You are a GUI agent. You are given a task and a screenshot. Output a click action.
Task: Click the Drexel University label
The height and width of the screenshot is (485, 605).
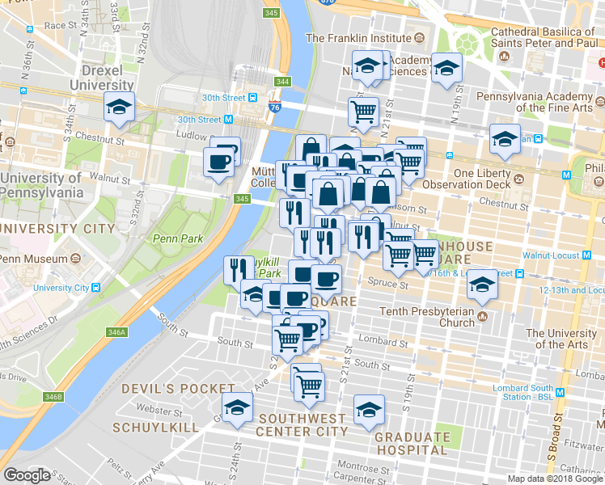(100, 78)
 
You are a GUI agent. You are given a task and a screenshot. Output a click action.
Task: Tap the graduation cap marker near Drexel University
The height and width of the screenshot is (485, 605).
(119, 107)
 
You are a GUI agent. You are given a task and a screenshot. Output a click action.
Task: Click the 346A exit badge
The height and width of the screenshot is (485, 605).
(117, 332)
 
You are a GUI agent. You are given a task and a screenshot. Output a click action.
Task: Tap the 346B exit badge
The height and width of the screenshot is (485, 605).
(53, 396)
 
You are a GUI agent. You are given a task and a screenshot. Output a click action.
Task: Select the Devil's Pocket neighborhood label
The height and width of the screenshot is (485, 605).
(167, 389)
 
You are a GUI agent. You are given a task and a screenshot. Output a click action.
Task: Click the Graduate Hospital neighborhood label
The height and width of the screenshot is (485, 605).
(412, 444)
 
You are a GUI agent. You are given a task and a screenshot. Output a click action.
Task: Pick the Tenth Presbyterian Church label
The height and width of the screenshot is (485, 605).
(429, 317)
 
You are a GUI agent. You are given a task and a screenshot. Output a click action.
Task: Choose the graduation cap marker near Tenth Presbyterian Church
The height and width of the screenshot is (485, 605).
(483, 283)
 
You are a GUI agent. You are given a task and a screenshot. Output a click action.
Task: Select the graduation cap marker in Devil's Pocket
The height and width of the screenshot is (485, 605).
(237, 408)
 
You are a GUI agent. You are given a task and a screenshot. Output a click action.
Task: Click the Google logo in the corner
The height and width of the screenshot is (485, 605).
(27, 475)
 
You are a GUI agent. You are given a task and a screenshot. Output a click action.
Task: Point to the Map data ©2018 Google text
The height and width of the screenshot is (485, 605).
(555, 479)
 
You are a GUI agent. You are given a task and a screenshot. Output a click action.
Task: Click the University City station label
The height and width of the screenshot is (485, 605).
(61, 288)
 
